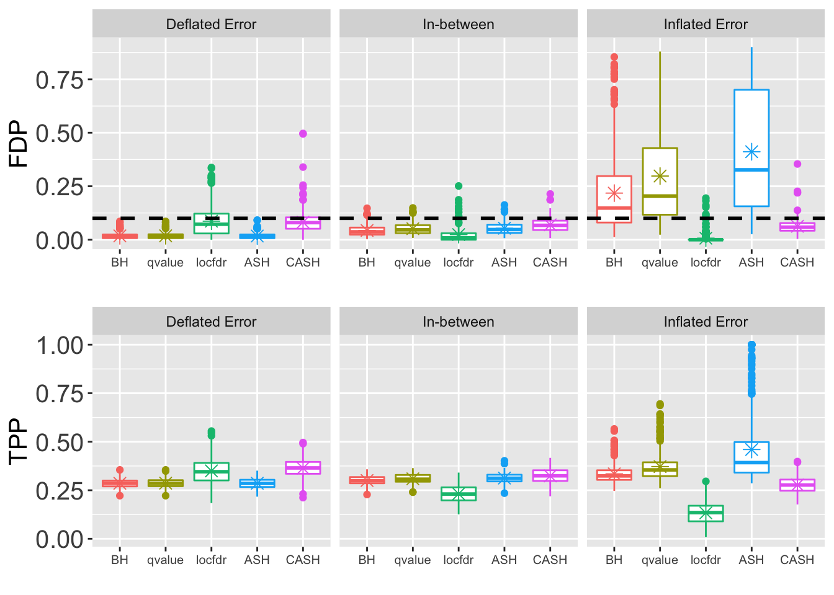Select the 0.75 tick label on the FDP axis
coord(60,79)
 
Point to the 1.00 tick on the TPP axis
coord(60,345)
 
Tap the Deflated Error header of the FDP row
coord(211,25)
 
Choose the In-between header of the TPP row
coord(458,322)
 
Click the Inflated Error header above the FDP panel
coord(706,25)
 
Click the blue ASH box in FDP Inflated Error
coord(751,124)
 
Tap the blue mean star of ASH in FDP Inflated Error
coord(751,152)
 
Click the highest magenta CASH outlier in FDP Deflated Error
coord(303,133)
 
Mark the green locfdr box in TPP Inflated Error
coord(706,514)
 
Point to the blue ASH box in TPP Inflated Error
coord(751,457)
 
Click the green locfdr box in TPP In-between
coord(459,494)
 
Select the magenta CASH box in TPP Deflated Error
coord(303,468)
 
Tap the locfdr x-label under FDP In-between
coord(459,263)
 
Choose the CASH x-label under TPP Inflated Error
coord(797,560)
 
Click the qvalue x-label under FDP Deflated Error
coord(165,263)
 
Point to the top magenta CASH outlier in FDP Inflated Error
coord(797,164)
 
